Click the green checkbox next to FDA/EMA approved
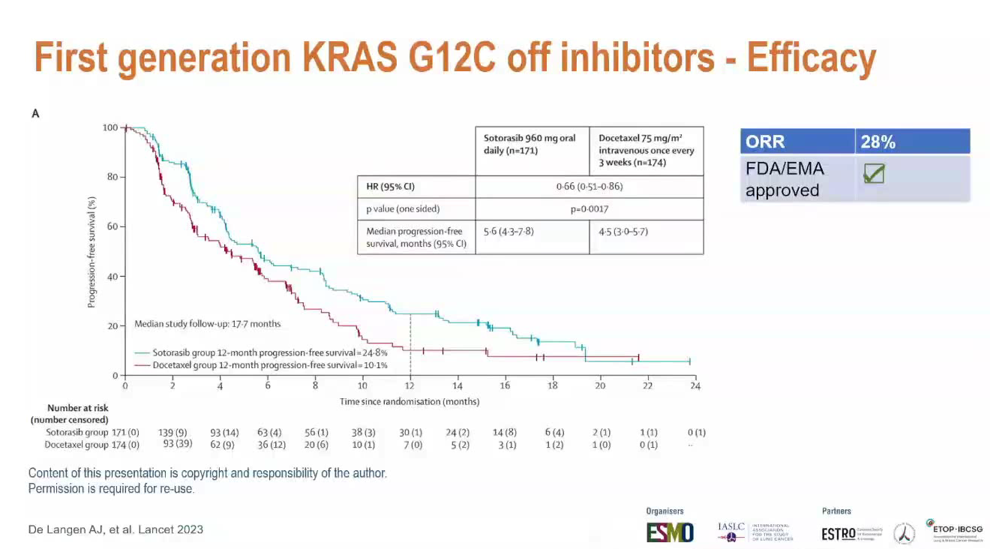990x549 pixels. pyautogui.click(x=873, y=174)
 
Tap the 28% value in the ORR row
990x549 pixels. pyautogui.click(x=877, y=142)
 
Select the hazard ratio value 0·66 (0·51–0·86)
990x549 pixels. pyautogui.click(x=589, y=186)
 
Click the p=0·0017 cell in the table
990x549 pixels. pyautogui.click(x=589, y=209)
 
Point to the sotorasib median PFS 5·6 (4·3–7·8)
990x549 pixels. pyautogui.click(x=508, y=232)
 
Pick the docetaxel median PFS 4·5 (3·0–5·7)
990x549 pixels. pyautogui.click(x=623, y=232)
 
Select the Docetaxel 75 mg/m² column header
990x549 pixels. pyautogui.click(x=646, y=150)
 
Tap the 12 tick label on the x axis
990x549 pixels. pyautogui.click(x=410, y=386)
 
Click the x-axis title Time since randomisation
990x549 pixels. pyautogui.click(x=409, y=401)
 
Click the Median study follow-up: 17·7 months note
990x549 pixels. pyautogui.click(x=208, y=324)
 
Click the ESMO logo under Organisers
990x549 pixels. pyautogui.click(x=670, y=532)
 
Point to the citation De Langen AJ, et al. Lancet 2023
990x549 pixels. pyautogui.click(x=115, y=529)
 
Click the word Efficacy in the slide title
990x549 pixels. pyautogui.click(x=812, y=58)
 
